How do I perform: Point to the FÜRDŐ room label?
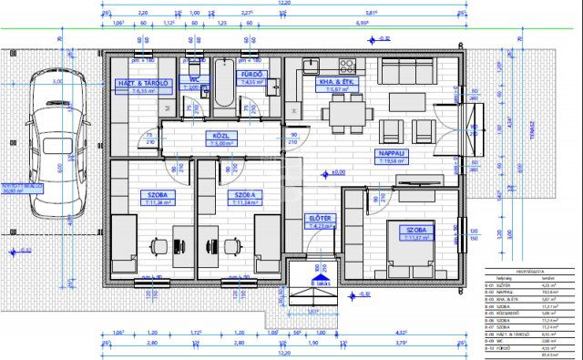pyautogui.click(x=251, y=75)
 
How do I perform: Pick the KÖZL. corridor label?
pyautogui.click(x=224, y=137)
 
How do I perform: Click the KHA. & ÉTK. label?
pyautogui.click(x=332, y=82)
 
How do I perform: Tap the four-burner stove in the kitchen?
pyautogui.click(x=347, y=65)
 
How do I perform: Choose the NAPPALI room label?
pyautogui.click(x=393, y=155)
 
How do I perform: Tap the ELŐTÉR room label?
pyautogui.click(x=320, y=220)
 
